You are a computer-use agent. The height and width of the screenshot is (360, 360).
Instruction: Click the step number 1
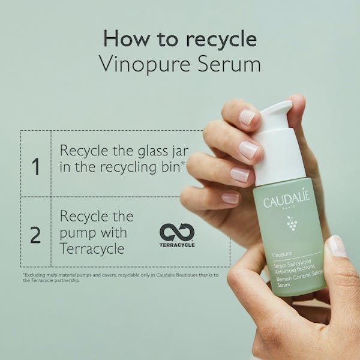35,166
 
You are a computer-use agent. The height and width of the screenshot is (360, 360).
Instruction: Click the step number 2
35,235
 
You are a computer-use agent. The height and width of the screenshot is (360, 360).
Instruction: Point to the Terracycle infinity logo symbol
176,232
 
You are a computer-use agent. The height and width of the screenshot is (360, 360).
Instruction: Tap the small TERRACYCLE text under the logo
176,245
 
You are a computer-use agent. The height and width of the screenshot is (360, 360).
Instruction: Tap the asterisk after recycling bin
183,163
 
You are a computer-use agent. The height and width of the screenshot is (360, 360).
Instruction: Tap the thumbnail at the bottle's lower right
336,247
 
